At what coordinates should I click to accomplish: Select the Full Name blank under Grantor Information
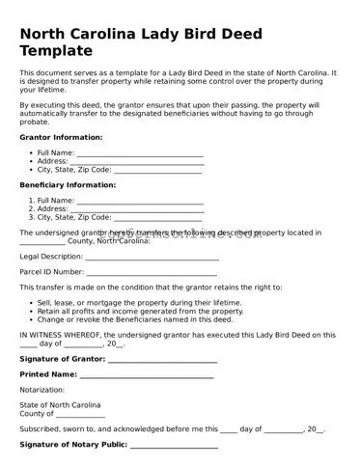(x=140, y=153)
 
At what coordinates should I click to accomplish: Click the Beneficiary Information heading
(x=68, y=184)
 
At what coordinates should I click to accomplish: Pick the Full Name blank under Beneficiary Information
(x=140, y=201)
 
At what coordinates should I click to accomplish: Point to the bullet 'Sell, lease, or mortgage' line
(x=139, y=302)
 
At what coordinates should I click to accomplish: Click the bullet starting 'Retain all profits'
(x=140, y=311)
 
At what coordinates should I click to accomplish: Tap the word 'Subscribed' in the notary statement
(x=42, y=429)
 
